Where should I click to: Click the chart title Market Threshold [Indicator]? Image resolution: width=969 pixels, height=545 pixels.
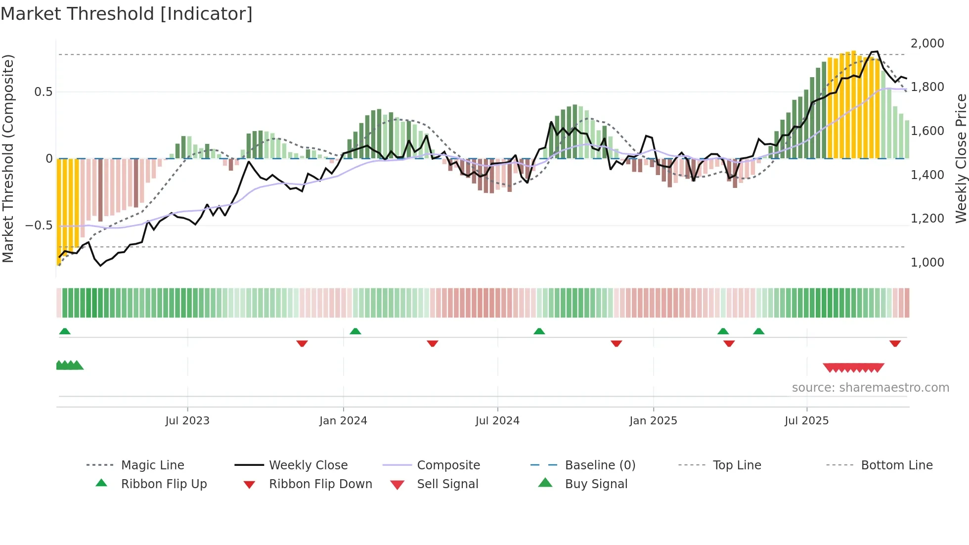click(x=127, y=14)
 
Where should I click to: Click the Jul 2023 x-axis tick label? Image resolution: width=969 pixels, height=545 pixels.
click(x=187, y=421)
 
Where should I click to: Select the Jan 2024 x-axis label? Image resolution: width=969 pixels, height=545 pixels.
click(x=343, y=421)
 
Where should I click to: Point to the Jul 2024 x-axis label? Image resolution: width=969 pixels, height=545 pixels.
click(x=497, y=421)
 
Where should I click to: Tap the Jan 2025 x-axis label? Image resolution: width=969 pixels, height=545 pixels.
click(x=653, y=421)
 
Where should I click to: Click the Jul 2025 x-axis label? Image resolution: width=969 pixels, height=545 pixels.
click(x=806, y=421)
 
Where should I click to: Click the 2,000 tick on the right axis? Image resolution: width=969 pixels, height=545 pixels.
click(x=927, y=44)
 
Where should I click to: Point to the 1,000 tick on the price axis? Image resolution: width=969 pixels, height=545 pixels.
click(x=927, y=263)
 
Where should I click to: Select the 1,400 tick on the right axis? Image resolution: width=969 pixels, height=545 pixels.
click(x=927, y=175)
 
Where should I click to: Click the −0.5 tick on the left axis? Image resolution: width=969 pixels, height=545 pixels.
click(x=39, y=226)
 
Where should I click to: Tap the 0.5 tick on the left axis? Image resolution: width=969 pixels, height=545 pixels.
click(x=43, y=92)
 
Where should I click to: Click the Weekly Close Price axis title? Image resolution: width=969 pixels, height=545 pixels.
click(x=960, y=158)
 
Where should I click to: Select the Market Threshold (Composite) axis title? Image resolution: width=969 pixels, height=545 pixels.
click(x=8, y=158)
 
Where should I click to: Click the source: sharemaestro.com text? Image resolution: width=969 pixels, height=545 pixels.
click(x=870, y=388)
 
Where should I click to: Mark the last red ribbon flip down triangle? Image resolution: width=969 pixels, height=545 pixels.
click(x=895, y=343)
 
